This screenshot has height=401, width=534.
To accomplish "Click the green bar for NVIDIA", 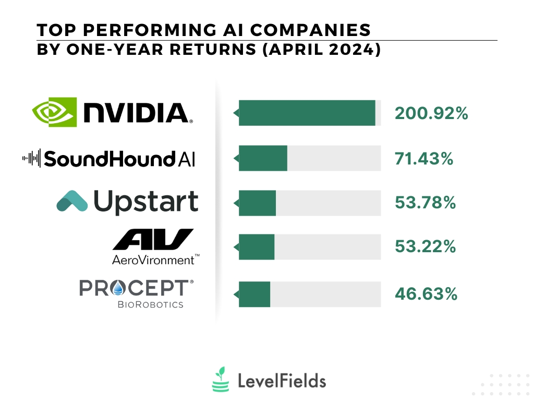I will (x=307, y=113).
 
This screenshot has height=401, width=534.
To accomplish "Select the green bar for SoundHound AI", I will (x=263, y=158).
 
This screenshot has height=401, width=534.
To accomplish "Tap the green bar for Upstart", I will (x=257, y=203).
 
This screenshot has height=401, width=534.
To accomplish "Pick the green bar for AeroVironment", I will (x=257, y=247).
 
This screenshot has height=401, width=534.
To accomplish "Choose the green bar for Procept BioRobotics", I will (x=254, y=294).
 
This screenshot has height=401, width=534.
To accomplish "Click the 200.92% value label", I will (x=431, y=113).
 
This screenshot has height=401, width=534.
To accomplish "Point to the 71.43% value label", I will (x=424, y=158).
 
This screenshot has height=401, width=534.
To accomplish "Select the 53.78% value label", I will (x=426, y=203).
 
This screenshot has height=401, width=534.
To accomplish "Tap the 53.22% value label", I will (x=426, y=247).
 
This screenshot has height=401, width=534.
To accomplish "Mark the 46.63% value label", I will (x=426, y=294).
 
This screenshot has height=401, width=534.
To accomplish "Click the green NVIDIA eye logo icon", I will (x=54, y=112).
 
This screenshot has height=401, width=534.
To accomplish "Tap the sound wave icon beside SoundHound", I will (x=31, y=158).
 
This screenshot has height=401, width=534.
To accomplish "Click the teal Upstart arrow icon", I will (x=72, y=202).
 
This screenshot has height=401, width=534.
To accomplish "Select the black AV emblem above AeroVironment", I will (x=153, y=240).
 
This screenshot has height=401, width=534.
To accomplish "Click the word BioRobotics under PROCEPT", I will (x=150, y=304).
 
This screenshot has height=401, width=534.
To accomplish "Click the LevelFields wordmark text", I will (x=282, y=381).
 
